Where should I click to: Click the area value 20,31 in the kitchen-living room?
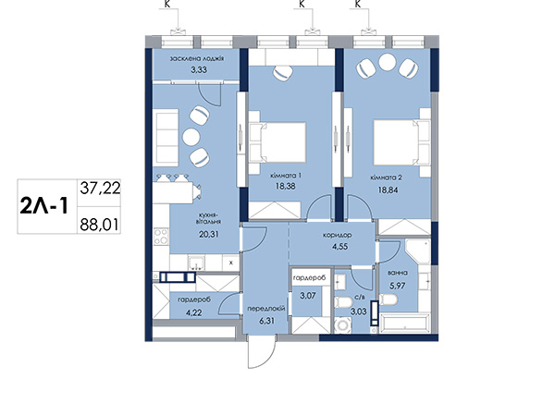point(209,234)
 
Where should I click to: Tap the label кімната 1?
point(286,176)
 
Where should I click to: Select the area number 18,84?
point(388,190)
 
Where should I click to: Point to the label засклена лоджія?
point(197,59)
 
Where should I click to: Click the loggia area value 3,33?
point(199,69)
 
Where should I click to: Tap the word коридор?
point(337,235)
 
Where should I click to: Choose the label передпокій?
point(266,309)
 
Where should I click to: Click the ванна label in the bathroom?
point(398,273)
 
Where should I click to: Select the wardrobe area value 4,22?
point(194,312)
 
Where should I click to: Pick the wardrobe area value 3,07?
point(308,296)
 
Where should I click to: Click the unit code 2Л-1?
point(44,206)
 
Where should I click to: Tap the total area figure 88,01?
point(99,225)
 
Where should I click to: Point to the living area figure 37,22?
point(100,188)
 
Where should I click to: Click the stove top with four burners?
point(161,237)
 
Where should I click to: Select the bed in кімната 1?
point(277,142)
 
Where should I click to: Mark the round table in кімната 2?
point(388,62)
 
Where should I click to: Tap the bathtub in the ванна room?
point(404,323)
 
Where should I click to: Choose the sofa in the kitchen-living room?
point(166,137)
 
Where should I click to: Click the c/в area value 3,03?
point(359,312)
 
